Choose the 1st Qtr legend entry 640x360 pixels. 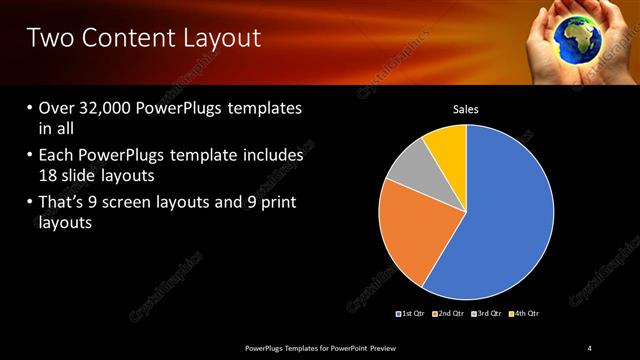[411, 314]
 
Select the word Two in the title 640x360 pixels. [47, 39]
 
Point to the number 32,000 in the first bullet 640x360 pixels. [108, 107]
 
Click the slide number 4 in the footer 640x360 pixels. [590, 347]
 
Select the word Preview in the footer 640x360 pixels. [387, 347]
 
